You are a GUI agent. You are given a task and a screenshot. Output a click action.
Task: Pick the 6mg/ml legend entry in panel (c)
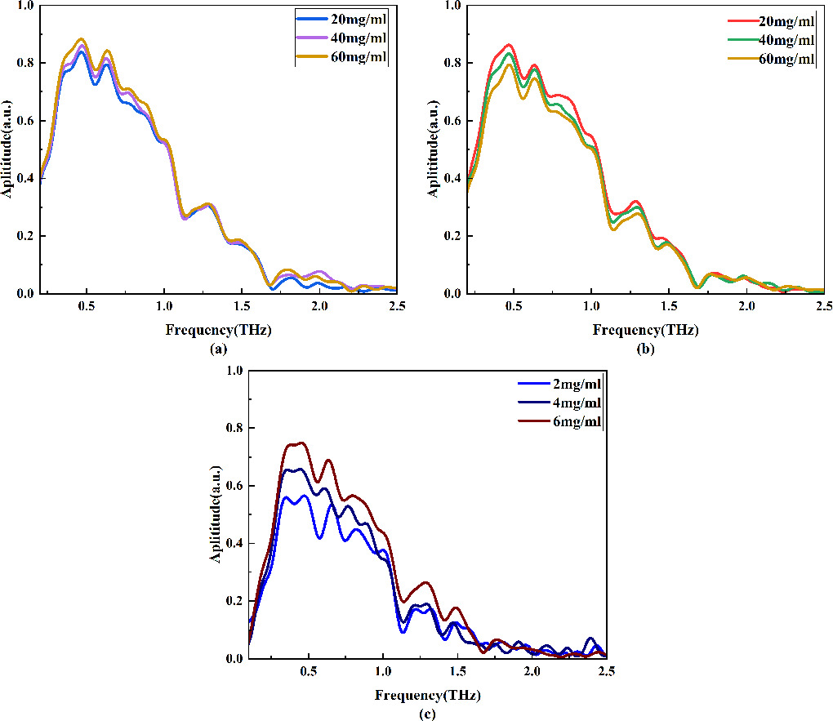click(x=563, y=421)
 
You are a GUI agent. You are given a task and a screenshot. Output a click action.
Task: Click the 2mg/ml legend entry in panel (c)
click(x=563, y=385)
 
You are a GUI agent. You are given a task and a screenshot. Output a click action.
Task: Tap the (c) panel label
click(x=427, y=714)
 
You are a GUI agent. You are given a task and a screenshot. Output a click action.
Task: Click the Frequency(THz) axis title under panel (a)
click(x=218, y=332)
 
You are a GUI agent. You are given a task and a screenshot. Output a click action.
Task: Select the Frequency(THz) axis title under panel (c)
click(x=427, y=697)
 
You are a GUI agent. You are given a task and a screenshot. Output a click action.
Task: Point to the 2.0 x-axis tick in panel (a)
click(x=319, y=306)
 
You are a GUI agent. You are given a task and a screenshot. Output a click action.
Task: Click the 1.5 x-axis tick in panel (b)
click(x=668, y=306)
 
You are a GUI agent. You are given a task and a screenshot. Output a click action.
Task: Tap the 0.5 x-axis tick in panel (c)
click(x=308, y=671)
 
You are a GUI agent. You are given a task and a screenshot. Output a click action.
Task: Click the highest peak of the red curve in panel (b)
click(x=510, y=45)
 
